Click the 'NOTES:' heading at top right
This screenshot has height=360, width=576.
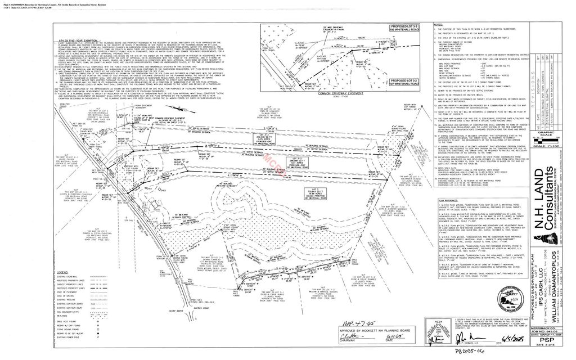click(439, 25)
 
